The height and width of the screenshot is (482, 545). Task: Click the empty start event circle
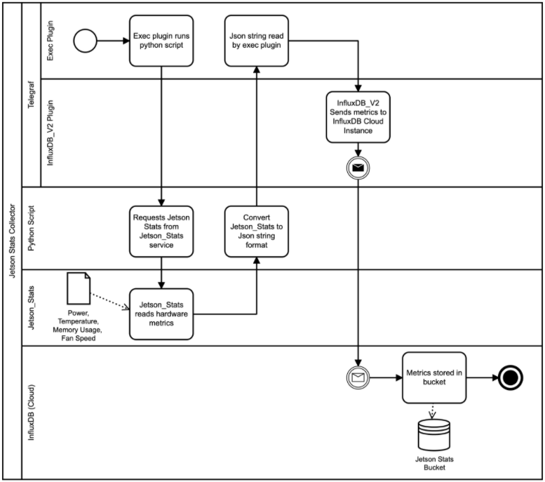coord(84,41)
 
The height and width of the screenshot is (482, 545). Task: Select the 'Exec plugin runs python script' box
coord(161,41)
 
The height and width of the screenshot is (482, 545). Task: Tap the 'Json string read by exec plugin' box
coord(256,41)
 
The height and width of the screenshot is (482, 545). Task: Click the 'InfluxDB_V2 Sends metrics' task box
coord(358,116)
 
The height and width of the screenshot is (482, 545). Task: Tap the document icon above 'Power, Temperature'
coord(78,287)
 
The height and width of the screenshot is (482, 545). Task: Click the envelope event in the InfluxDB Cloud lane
coord(358,377)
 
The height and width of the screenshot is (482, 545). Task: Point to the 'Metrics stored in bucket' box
coord(433,377)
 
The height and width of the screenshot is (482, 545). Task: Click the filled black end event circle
coord(511,377)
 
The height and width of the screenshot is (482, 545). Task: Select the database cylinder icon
coord(433,435)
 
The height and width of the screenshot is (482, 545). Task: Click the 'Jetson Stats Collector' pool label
coord(12,240)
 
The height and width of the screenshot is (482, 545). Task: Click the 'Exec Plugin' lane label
coord(51,40)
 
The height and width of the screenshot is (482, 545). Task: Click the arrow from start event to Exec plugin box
coord(112,41)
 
